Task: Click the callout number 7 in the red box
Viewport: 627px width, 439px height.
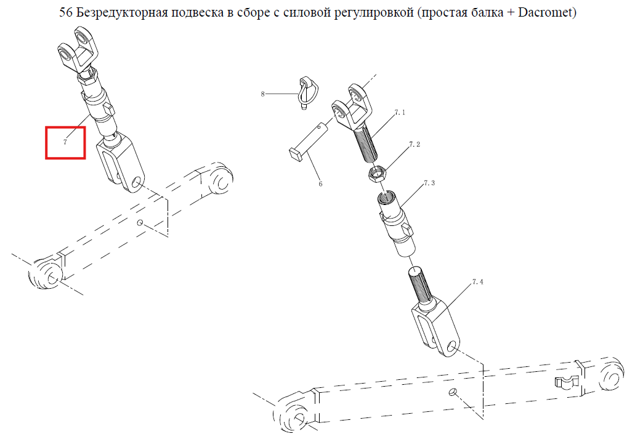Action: pos(65,142)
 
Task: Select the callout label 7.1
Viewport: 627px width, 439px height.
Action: pos(400,112)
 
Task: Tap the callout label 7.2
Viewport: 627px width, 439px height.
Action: pos(415,144)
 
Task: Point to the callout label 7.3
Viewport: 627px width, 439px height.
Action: pos(429,183)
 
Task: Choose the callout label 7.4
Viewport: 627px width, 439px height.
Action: pos(478,282)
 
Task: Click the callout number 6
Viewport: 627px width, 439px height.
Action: pos(320,184)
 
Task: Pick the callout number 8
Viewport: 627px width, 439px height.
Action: pos(263,94)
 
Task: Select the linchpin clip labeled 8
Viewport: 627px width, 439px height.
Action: pos(307,94)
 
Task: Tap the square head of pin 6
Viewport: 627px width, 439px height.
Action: pos(296,155)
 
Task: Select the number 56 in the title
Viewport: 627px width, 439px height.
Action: pos(66,12)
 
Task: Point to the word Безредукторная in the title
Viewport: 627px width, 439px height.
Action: pos(121,13)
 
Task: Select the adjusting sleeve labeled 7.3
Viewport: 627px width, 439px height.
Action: pos(397,224)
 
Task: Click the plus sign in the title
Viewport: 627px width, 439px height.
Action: pos(511,13)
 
